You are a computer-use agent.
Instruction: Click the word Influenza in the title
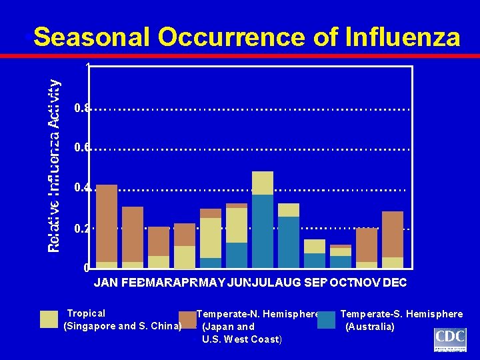402,37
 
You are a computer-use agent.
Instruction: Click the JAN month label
107,283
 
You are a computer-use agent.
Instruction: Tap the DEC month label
394,283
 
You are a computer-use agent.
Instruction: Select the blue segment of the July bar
263,231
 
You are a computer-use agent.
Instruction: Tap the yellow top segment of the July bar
263,183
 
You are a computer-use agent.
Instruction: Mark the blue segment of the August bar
289,242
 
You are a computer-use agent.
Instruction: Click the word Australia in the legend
369,327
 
